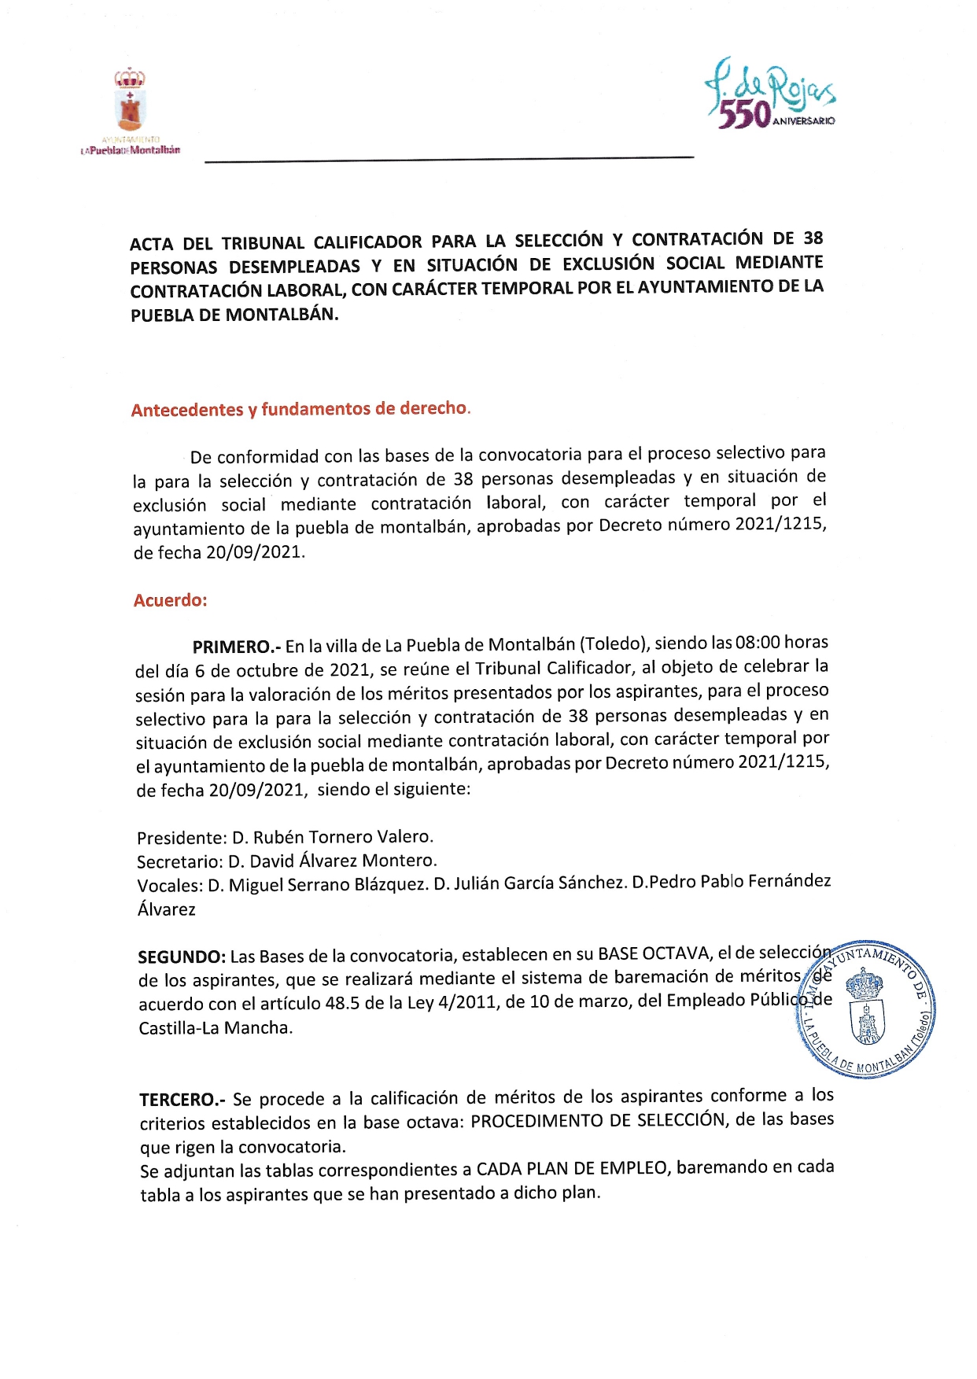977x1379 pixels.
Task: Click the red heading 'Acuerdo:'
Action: click(x=170, y=600)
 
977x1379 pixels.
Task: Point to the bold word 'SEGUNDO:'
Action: click(x=182, y=957)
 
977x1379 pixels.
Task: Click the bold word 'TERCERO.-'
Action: click(x=182, y=1099)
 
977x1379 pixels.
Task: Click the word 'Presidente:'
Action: click(x=181, y=838)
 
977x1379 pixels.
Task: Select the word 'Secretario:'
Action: click(x=179, y=861)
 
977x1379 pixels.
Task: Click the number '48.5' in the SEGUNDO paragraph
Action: click(x=343, y=1003)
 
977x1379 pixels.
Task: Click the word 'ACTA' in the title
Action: click(x=151, y=244)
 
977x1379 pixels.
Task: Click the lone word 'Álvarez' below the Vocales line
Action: click(x=167, y=909)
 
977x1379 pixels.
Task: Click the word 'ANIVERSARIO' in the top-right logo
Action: click(x=804, y=121)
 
